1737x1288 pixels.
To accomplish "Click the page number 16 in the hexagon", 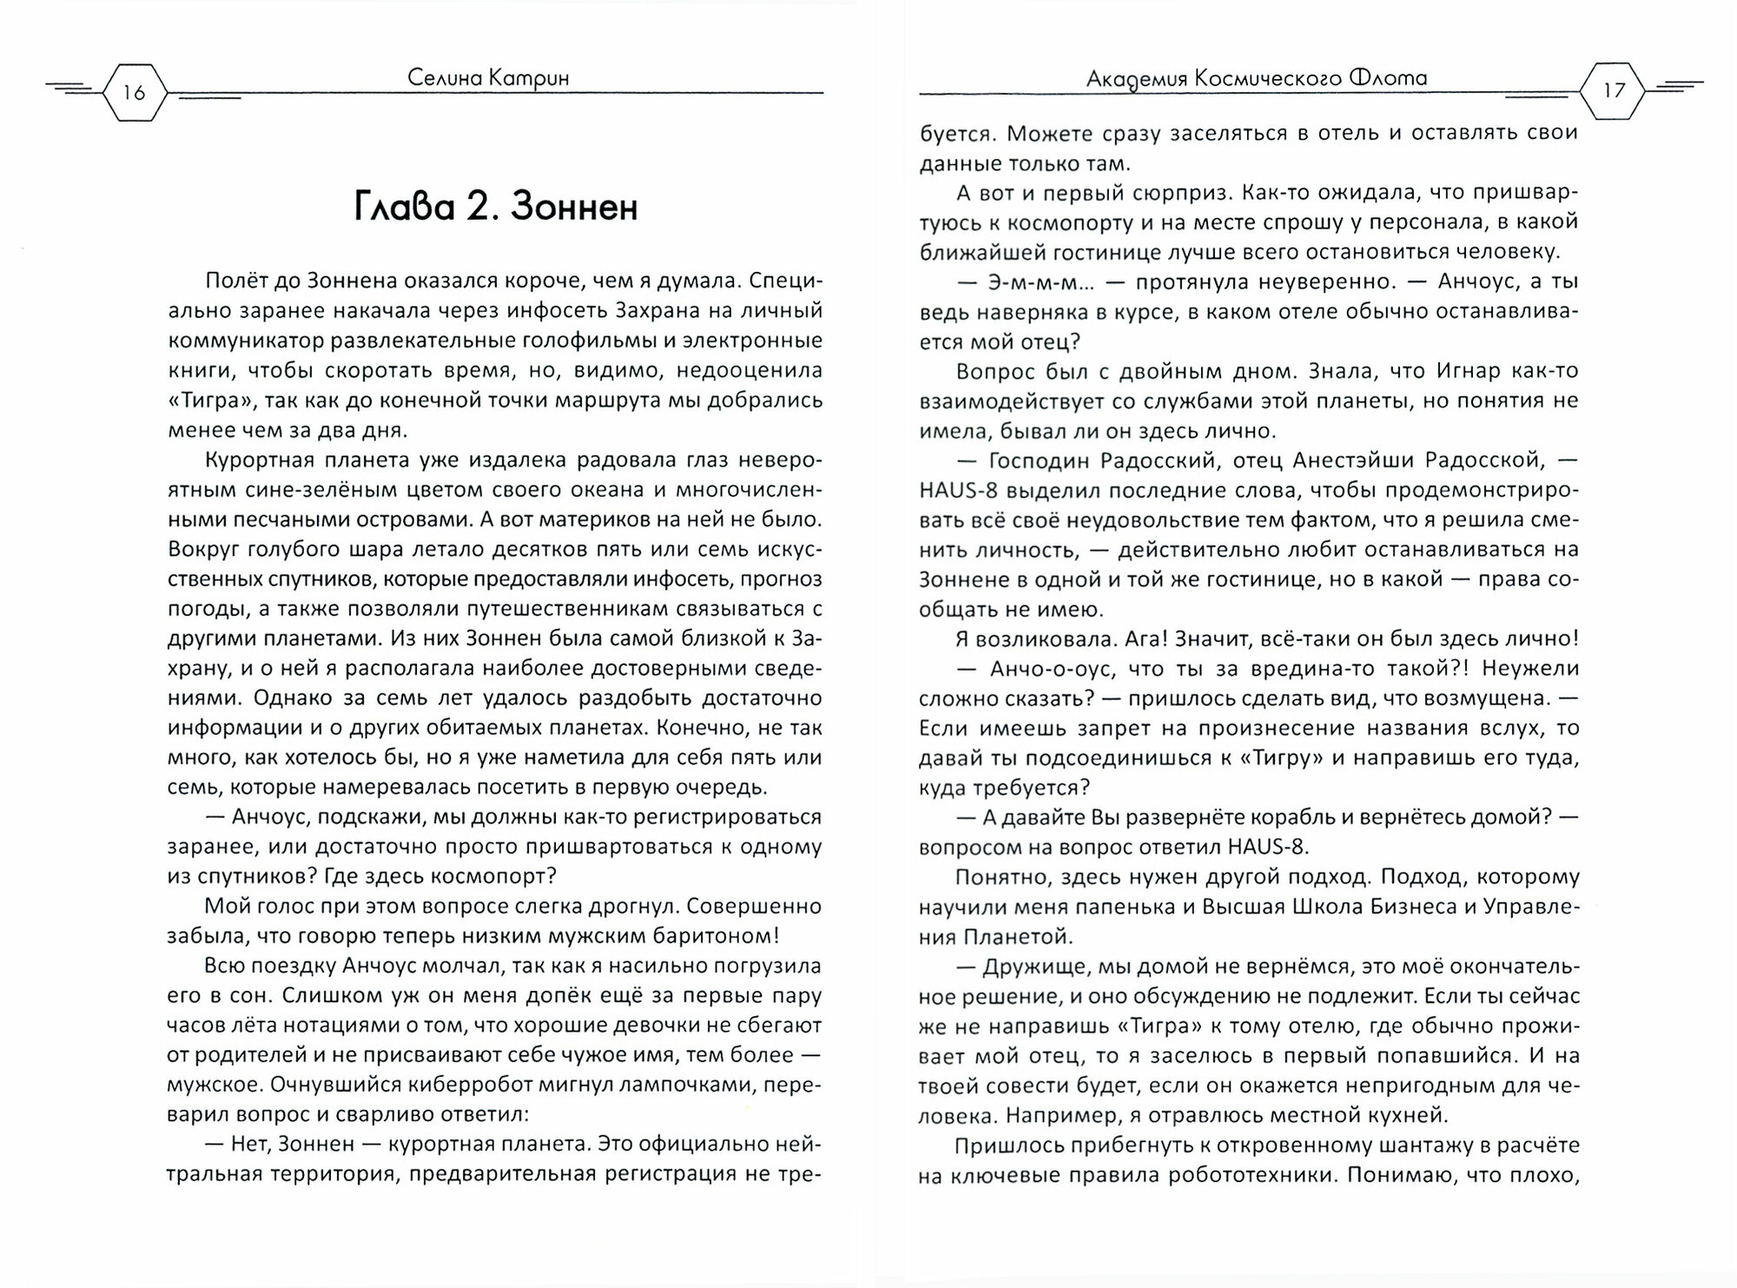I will (134, 92).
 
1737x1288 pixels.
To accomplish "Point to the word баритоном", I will (685, 935).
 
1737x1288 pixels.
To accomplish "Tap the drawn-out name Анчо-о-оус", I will (1042, 668).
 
